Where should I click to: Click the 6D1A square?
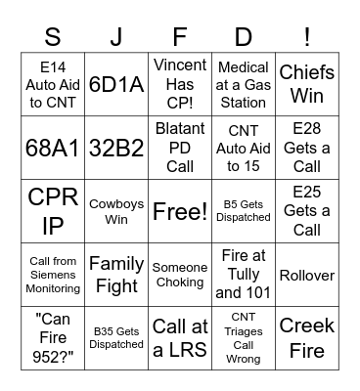(x=116, y=84)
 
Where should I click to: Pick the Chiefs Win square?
(x=307, y=84)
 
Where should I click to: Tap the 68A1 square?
(x=53, y=147)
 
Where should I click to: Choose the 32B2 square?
(x=116, y=147)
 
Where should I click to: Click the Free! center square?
(x=180, y=210)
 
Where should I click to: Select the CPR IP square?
(x=53, y=210)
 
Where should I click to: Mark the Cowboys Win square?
(x=116, y=210)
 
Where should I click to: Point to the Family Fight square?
(x=116, y=275)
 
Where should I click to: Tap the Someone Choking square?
(x=180, y=275)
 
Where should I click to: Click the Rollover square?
(x=307, y=275)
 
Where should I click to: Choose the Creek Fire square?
(x=307, y=337)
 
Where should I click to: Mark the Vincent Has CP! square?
(x=180, y=84)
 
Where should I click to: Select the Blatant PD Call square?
(x=180, y=147)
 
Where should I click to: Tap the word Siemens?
(x=53, y=275)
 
